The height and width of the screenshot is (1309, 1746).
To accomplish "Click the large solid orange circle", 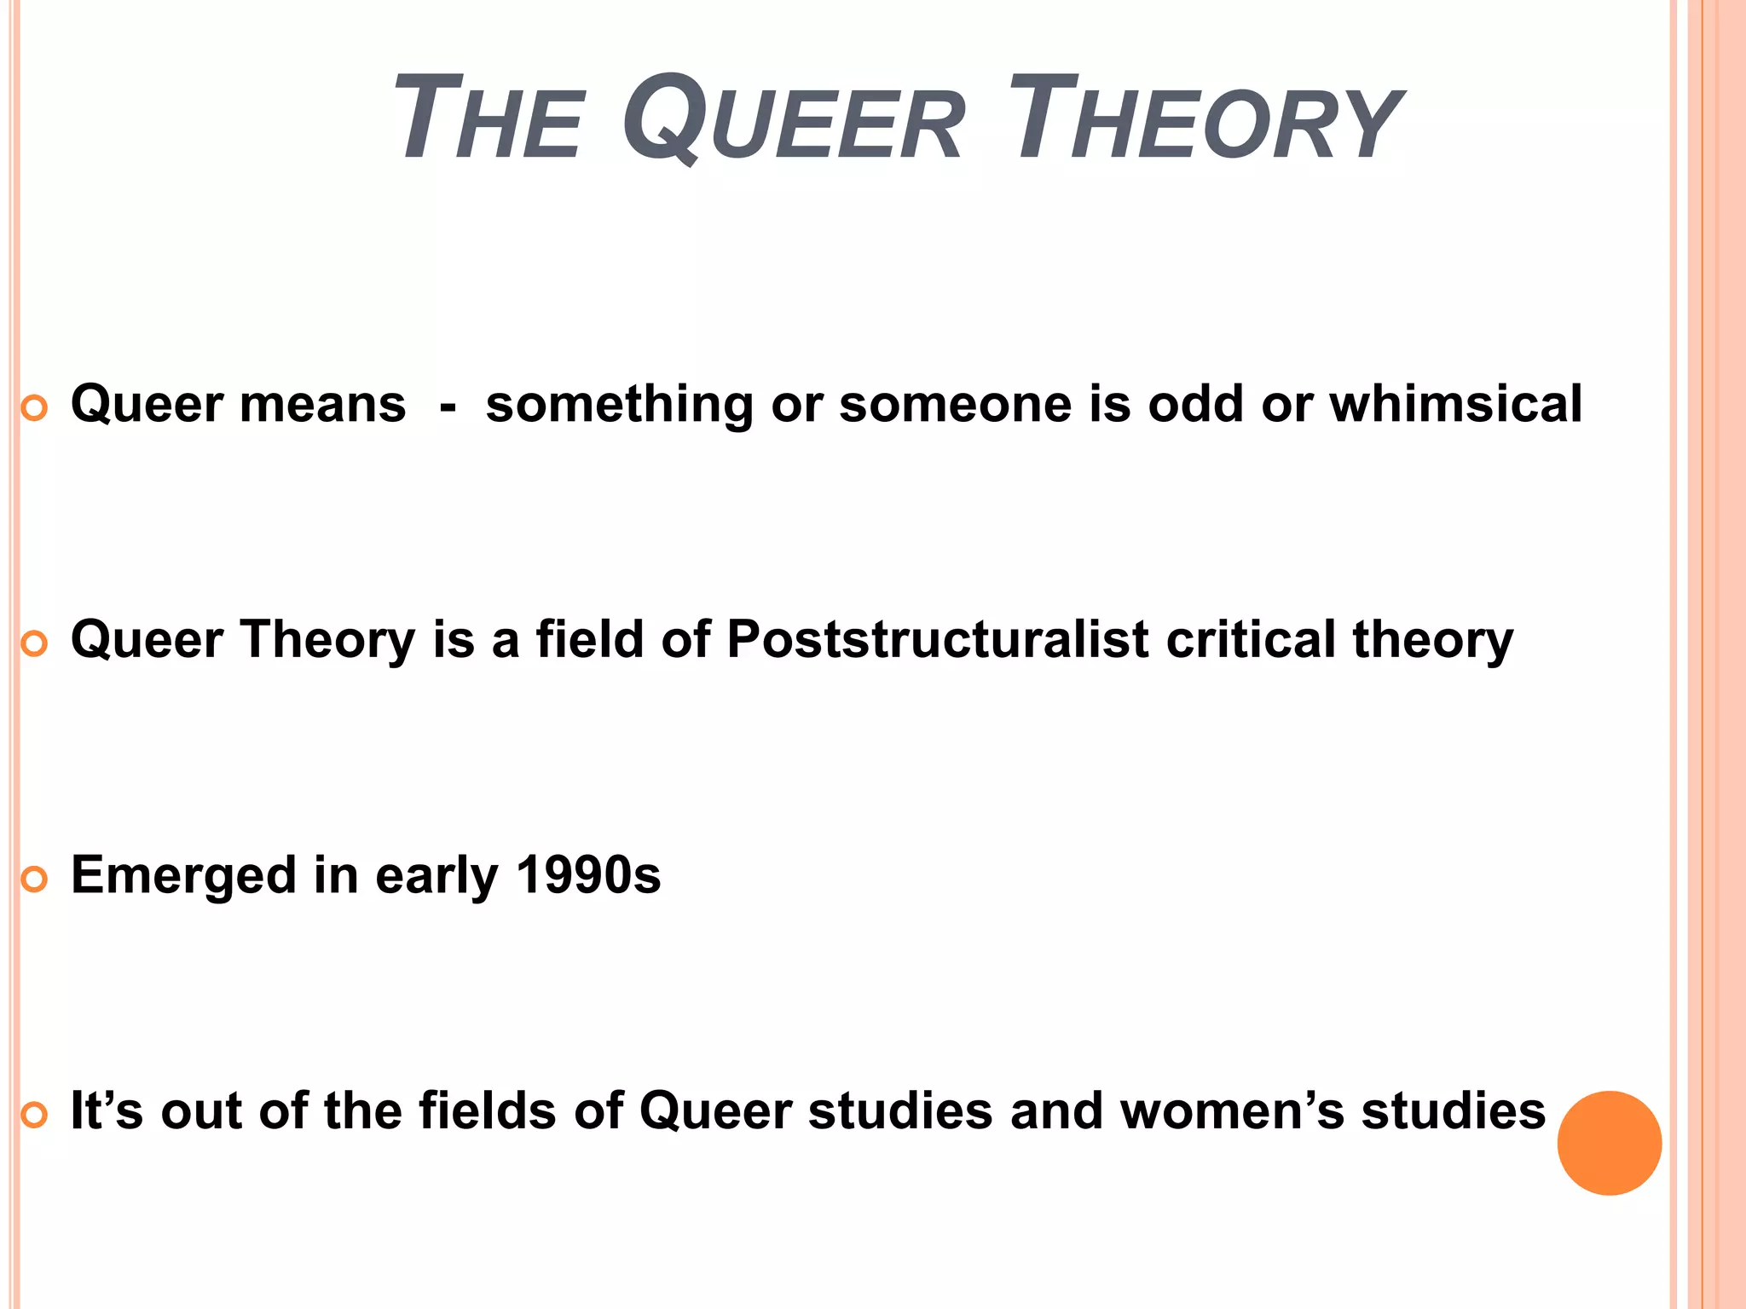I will click(x=1609, y=1143).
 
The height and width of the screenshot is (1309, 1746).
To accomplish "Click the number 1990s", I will click(x=588, y=875).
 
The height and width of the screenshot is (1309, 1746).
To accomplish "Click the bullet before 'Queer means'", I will click(x=34, y=409).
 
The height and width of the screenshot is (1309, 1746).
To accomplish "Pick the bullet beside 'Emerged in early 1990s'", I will click(x=34, y=880).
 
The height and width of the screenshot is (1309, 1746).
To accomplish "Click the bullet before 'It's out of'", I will click(x=34, y=1116).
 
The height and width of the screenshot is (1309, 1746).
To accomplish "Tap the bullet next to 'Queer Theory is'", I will click(x=34, y=645).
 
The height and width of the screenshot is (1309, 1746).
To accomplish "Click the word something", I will click(x=619, y=405).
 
